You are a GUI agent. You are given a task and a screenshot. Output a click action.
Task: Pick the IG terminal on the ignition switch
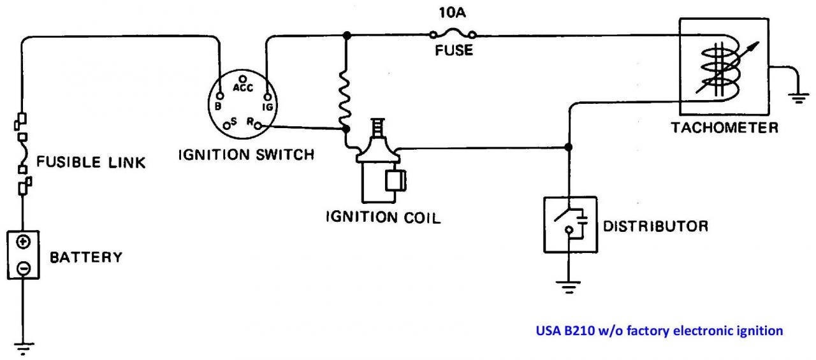pos(266,97)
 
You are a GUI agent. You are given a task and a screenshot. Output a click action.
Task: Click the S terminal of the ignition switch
pos(227,126)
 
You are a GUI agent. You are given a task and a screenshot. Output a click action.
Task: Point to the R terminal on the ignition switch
pos(258,127)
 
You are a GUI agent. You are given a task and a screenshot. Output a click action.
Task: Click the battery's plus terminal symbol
pos(23,242)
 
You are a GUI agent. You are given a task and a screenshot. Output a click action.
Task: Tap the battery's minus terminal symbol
pos(23,268)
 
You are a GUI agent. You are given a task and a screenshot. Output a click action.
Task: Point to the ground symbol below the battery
pos(23,348)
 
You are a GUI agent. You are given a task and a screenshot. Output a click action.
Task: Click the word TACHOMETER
pos(724,127)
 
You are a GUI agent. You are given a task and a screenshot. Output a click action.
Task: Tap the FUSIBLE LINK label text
pos(91,162)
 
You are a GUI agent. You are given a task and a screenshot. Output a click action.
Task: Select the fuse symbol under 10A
pos(453,35)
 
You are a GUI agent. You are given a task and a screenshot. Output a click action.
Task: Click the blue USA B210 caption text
pos(659,331)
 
